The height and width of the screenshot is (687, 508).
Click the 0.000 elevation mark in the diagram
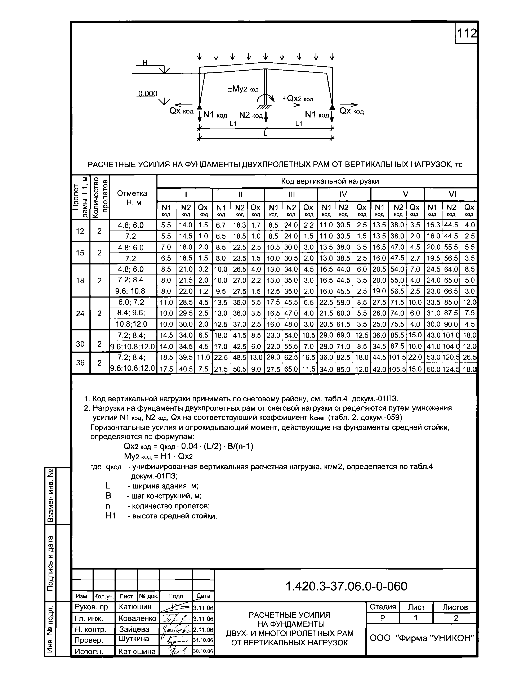[x=148, y=93]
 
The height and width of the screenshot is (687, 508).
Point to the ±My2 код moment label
[x=243, y=89]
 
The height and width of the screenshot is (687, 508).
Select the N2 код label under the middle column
[x=251, y=115]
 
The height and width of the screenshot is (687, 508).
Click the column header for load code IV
[x=343, y=194]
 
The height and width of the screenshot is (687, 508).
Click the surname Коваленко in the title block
[x=137, y=618]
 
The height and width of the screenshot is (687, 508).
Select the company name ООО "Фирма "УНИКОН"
[x=422, y=638]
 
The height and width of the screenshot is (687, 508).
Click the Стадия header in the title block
[x=383, y=607]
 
